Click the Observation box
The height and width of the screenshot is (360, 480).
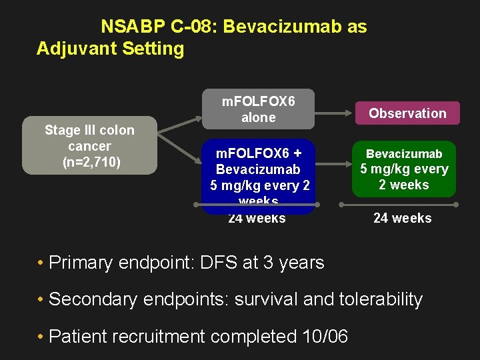click(407, 113)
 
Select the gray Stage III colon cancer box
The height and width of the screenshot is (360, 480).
click(89, 146)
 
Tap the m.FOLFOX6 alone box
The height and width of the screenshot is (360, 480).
click(258, 109)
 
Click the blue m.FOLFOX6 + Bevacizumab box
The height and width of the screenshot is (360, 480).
click(258, 177)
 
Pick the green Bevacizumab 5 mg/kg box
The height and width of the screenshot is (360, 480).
click(404, 169)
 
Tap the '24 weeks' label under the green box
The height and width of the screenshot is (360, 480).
click(402, 218)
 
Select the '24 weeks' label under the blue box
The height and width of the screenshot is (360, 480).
click(257, 218)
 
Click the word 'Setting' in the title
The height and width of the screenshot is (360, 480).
click(154, 49)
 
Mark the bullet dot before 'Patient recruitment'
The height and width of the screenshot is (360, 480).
click(41, 337)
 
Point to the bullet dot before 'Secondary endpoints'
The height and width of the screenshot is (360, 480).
click(41, 300)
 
